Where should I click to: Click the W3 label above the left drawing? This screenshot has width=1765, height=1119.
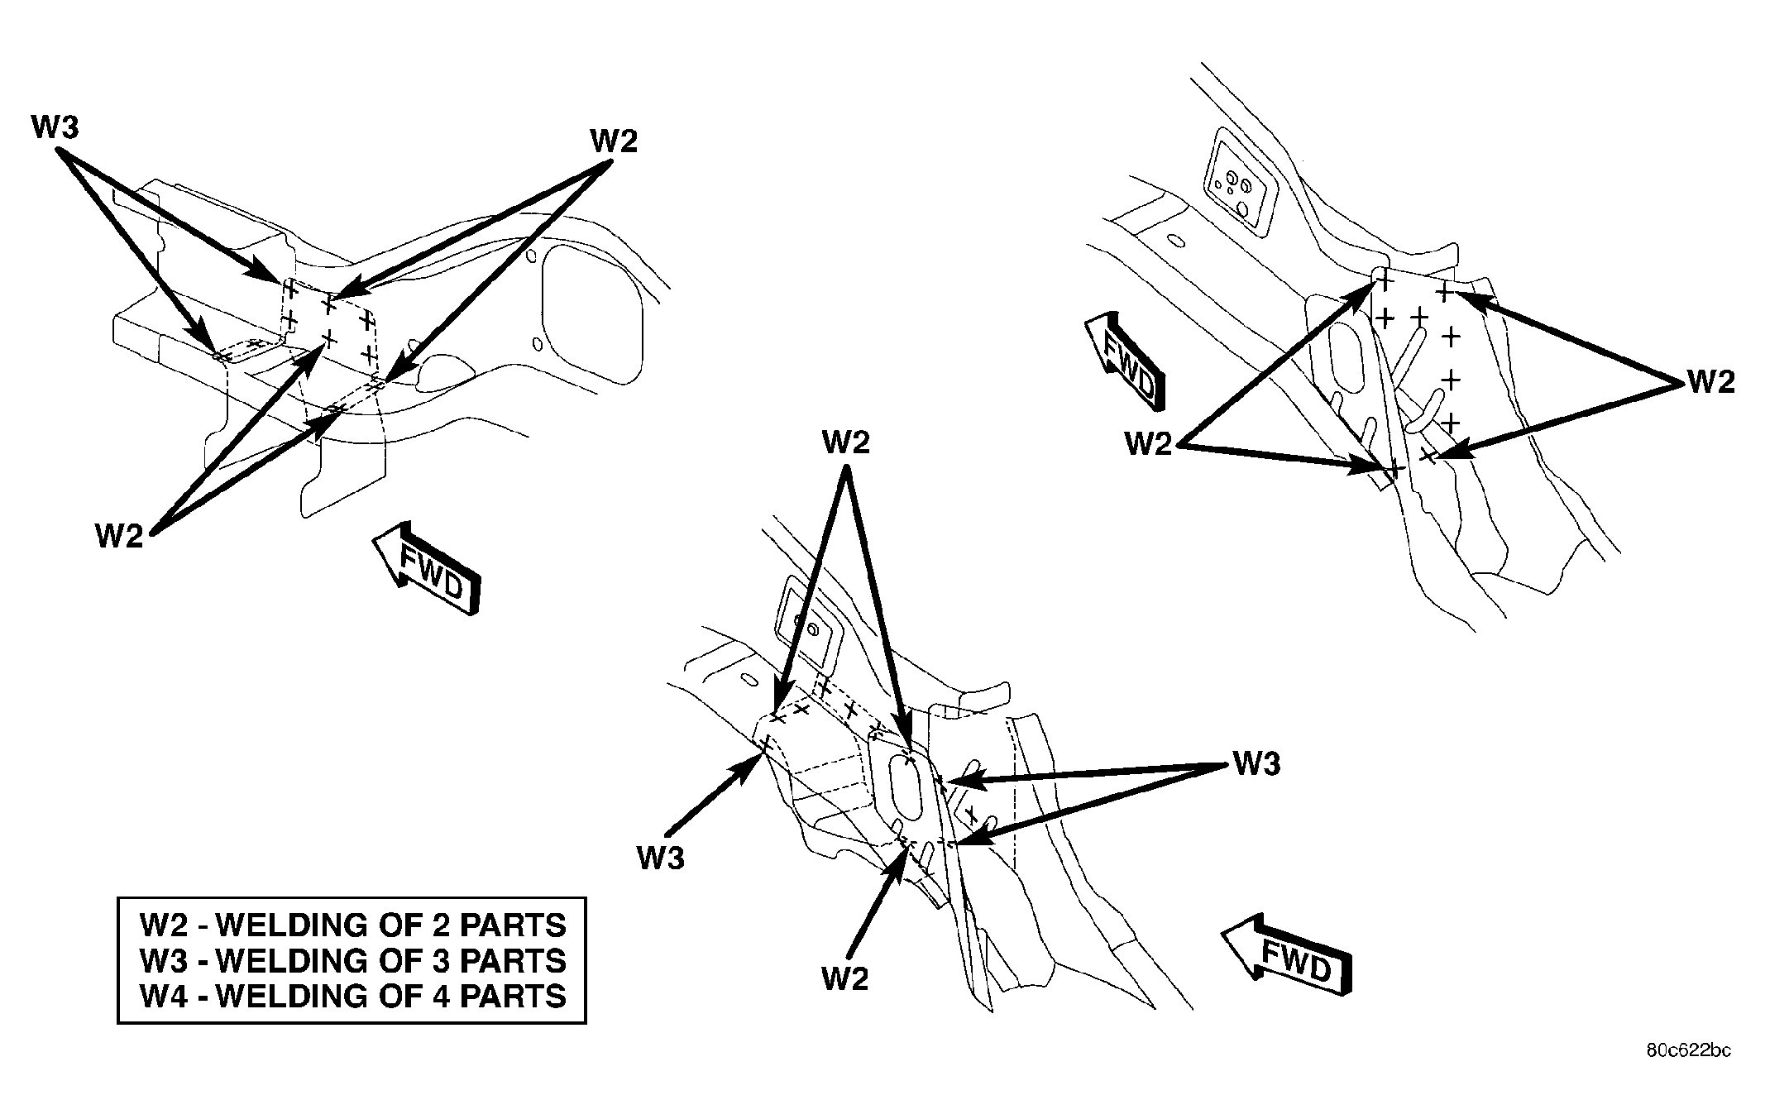(55, 128)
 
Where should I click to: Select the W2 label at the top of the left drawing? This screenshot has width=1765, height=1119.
(614, 141)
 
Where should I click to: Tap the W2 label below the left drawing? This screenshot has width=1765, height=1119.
(119, 537)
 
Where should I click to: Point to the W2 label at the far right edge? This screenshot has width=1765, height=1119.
(1710, 382)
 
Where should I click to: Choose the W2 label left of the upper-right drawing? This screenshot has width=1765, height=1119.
(1149, 445)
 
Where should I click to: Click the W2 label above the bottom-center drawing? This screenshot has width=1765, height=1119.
(845, 442)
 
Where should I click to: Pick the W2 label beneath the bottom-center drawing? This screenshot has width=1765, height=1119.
(845, 979)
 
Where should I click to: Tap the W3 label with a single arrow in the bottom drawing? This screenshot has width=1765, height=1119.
(661, 858)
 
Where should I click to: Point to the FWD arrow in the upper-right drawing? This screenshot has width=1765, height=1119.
(1126, 361)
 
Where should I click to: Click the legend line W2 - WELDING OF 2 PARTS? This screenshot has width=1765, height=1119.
(353, 925)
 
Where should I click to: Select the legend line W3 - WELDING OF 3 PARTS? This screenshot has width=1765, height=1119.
(353, 960)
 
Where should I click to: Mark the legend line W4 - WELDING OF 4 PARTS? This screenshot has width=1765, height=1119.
(353, 996)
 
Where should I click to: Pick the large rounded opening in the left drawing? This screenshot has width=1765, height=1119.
(591, 315)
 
